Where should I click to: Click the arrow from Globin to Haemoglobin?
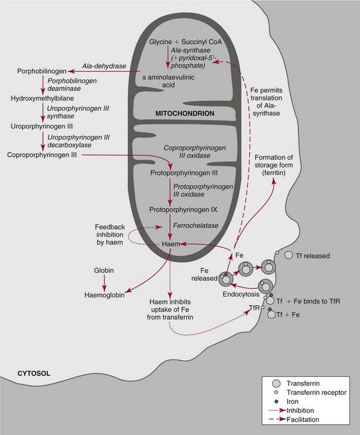[x=105, y=281]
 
